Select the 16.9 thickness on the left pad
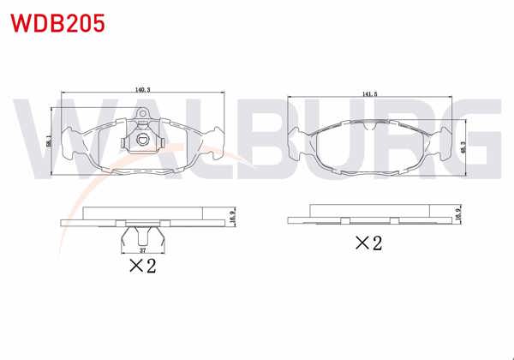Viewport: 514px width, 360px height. pyautogui.click(x=231, y=217)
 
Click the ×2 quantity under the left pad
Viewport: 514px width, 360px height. pyautogui.click(x=141, y=267)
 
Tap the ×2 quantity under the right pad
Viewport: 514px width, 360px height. pyautogui.click(x=368, y=243)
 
